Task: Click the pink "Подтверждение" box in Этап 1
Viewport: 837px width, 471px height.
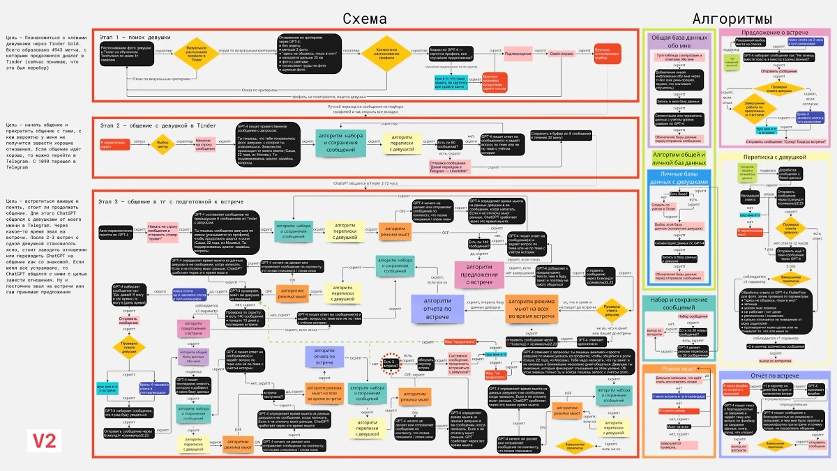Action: point(518,53)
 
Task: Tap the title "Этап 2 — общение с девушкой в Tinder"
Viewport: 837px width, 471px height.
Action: point(157,125)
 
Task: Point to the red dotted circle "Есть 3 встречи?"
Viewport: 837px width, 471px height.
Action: point(391,363)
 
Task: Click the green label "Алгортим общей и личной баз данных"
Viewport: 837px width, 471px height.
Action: point(678,159)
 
